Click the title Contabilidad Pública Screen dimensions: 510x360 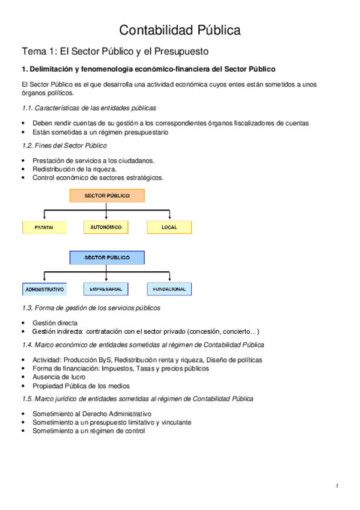pos(180,30)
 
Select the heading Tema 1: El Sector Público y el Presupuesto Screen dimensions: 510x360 pos(115,51)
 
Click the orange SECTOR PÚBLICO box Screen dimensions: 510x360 pos(107,196)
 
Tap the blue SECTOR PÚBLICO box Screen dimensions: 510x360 pos(107,257)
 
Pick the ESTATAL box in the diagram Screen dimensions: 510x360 pos(44,227)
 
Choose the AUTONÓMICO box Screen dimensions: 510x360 pos(106,227)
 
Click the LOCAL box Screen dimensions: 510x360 pos(169,227)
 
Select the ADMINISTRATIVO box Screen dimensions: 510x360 pos(44,289)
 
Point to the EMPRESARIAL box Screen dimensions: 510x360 pos(106,289)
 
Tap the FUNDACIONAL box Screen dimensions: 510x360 pos(169,289)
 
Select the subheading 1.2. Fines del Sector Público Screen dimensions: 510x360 pos(64,146)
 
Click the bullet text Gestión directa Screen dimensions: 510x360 pos(55,322)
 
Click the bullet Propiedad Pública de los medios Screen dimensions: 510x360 pos(81,386)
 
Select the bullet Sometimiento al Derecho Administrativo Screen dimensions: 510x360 pos(92,414)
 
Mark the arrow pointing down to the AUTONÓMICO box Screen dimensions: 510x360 pos(106,215)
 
